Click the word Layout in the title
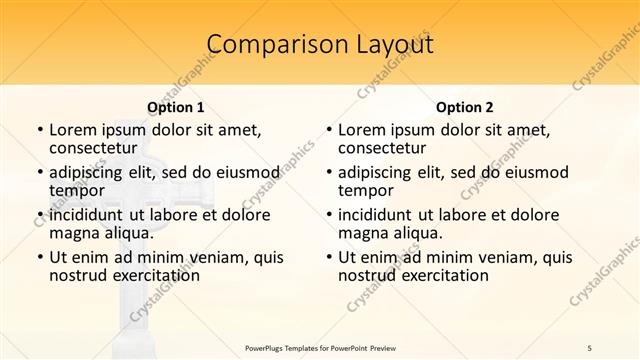pyautogui.click(x=389, y=44)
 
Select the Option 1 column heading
pyautogui.click(x=176, y=107)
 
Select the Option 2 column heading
pyautogui.click(x=465, y=107)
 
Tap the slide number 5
pyautogui.click(x=590, y=347)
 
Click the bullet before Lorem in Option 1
pyautogui.click(x=40, y=130)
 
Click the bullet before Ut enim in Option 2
pyautogui.click(x=329, y=257)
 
